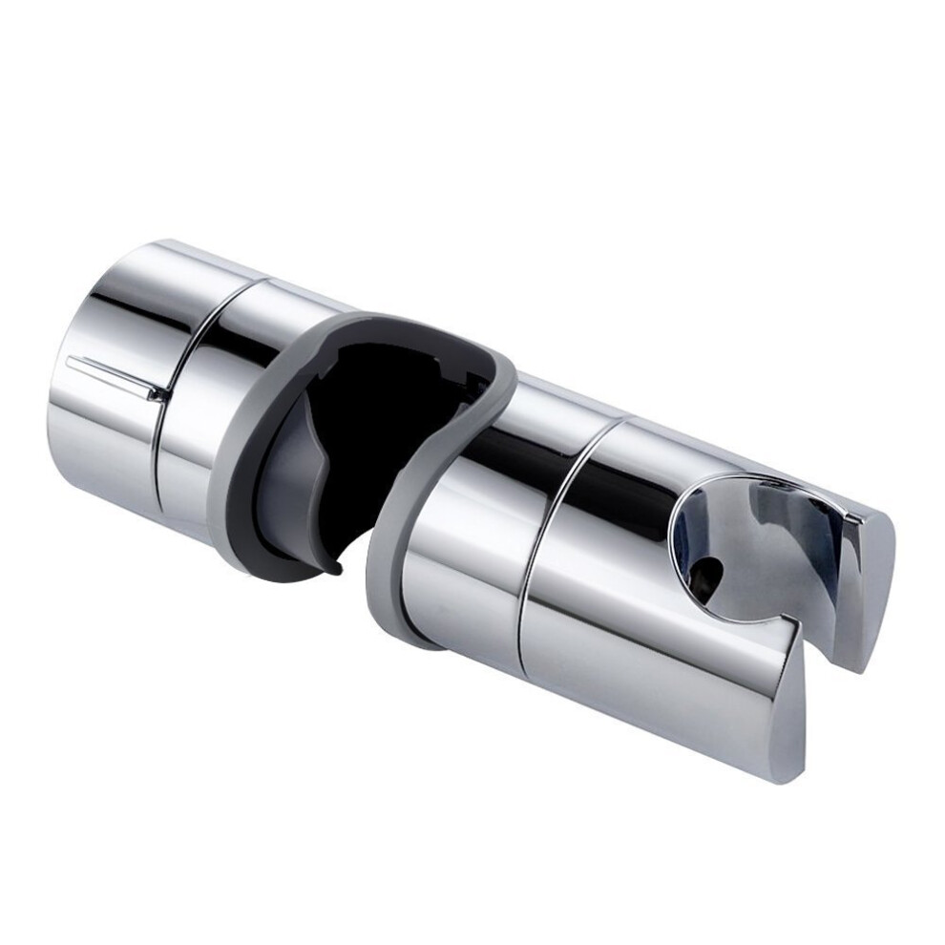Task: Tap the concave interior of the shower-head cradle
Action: click(754, 544)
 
